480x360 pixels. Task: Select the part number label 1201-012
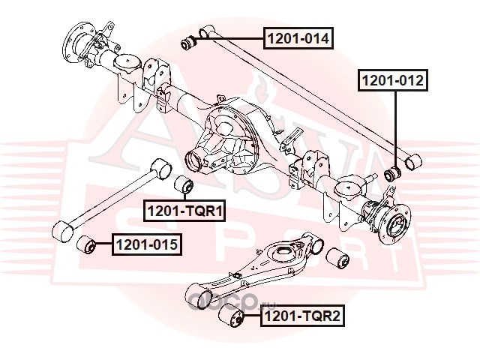pos(394,79)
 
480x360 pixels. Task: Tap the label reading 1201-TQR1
pos(184,212)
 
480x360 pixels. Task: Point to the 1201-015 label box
pos(146,244)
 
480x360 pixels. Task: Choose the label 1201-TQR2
pos(301,318)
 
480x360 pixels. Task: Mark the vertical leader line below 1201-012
pos(396,127)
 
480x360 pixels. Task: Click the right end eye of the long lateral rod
pos(414,161)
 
